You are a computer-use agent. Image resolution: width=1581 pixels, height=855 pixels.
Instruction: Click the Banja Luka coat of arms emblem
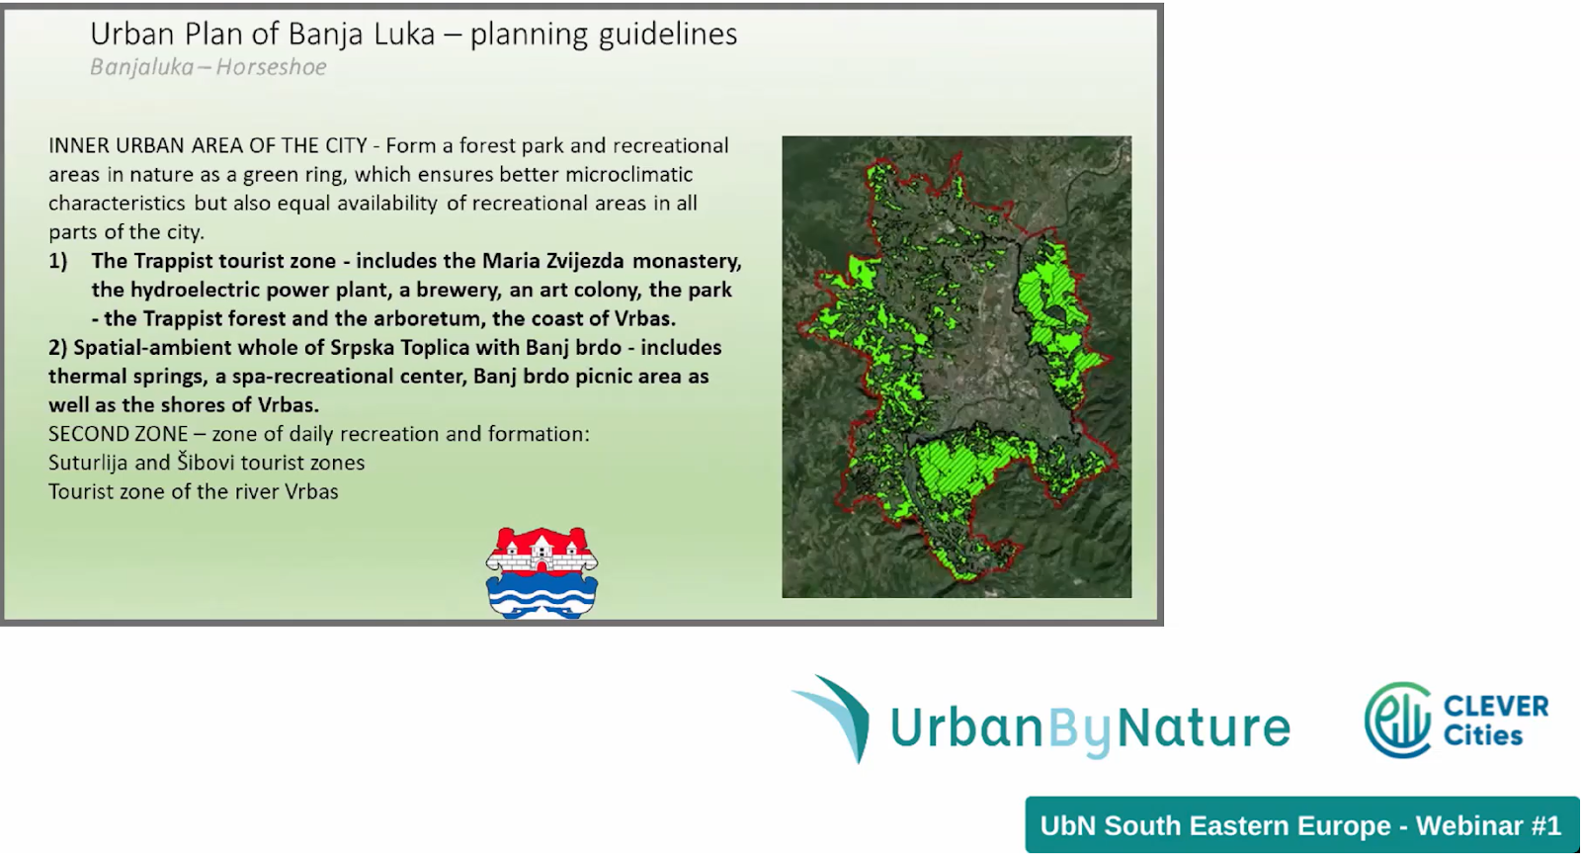coord(542,572)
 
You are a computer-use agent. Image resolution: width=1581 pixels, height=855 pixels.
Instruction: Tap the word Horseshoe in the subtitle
coord(271,67)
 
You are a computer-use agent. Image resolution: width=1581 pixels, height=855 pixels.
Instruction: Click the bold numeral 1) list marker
coord(58,261)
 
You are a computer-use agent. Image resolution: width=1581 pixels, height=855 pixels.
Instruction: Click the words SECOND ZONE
coord(118,434)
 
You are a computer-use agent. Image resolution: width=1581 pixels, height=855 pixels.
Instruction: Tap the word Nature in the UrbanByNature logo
coord(1205,727)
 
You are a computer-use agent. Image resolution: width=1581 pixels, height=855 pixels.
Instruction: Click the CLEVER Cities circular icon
coord(1397,720)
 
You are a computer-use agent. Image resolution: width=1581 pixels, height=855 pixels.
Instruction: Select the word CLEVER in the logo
coord(1496,706)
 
